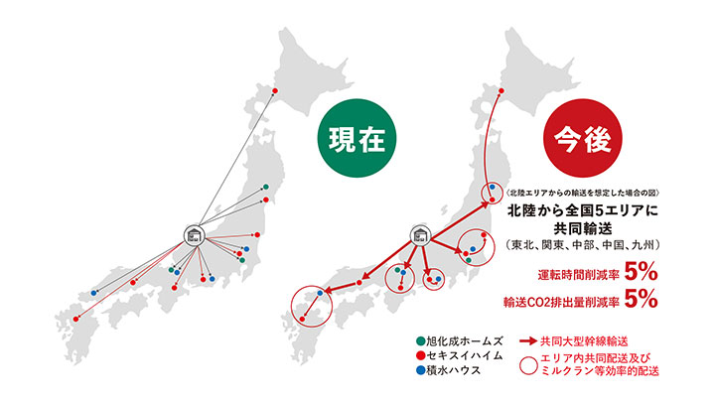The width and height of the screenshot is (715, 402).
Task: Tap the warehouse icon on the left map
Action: coord(194,235)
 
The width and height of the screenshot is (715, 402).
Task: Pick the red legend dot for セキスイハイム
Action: coord(423,354)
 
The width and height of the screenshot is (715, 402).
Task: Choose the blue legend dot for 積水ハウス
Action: coord(423,370)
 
